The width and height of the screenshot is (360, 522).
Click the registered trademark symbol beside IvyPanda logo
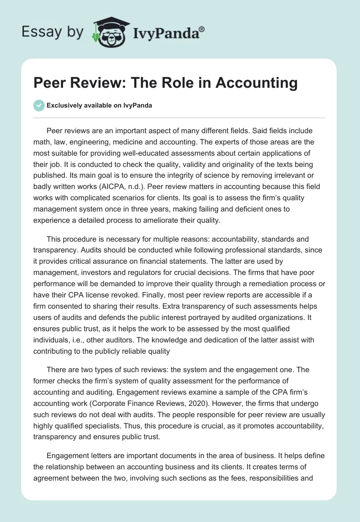[202, 28]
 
